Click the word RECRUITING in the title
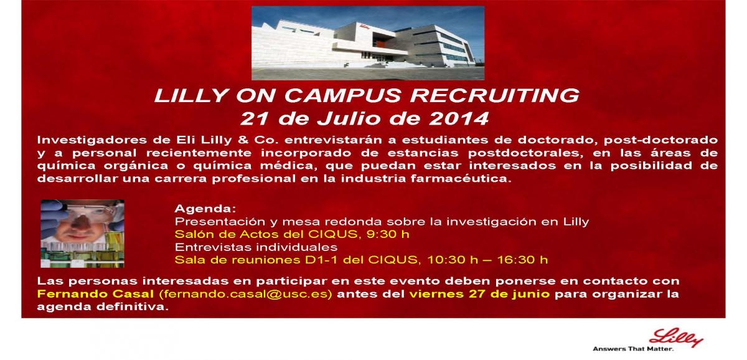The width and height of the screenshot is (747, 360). pyautogui.click(x=494, y=95)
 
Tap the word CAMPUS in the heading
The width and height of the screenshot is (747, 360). pyautogui.click(x=342, y=95)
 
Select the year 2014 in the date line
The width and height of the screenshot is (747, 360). pyautogui.click(x=459, y=118)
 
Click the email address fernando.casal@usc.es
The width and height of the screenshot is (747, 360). pyautogui.click(x=246, y=294)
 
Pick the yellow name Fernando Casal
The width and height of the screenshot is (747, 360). pyautogui.click(x=95, y=294)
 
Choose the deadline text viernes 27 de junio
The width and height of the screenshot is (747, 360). pyautogui.click(x=479, y=294)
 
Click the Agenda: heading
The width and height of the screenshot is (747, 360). pyautogui.click(x=205, y=209)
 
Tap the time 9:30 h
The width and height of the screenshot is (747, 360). pyautogui.click(x=388, y=234)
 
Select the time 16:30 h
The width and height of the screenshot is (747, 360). pyautogui.click(x=522, y=260)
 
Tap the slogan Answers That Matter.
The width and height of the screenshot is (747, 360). pyautogui.click(x=633, y=349)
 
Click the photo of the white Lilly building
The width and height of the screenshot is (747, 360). pyautogui.click(x=368, y=43)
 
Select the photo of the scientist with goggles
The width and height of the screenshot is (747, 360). pyautogui.click(x=82, y=234)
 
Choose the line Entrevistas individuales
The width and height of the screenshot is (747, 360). pyautogui.click(x=256, y=247)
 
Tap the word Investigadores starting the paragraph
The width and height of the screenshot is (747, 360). pyautogui.click(x=92, y=140)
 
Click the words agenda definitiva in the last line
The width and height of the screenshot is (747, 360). pyautogui.click(x=103, y=306)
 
